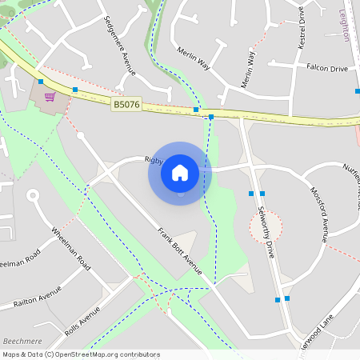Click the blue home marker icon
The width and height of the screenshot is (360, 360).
tap(180, 172)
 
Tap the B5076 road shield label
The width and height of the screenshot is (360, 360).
tap(126, 104)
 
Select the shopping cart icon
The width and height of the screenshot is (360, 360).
tap(50, 97)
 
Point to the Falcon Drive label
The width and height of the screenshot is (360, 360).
tap(327, 69)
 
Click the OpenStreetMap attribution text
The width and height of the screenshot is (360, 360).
tap(81, 354)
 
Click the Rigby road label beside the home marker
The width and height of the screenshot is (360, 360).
tap(154, 159)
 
